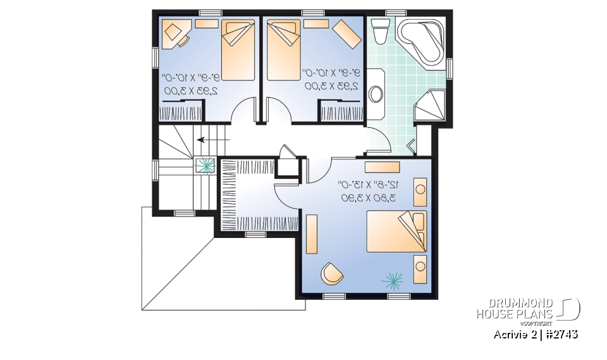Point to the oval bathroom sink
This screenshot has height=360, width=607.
click(376, 94)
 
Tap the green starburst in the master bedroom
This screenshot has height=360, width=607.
click(392, 278)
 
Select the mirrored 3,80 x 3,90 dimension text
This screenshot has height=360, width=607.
click(369, 198)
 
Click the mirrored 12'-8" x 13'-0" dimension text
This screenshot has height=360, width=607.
click(369, 185)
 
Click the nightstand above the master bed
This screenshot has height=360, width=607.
click(420, 192)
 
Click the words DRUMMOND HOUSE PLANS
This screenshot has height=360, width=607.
click(515, 308)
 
